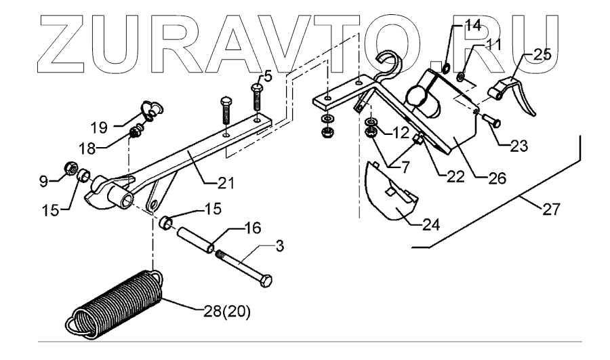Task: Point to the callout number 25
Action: coord(542,54)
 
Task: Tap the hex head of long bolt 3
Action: coord(266,280)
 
